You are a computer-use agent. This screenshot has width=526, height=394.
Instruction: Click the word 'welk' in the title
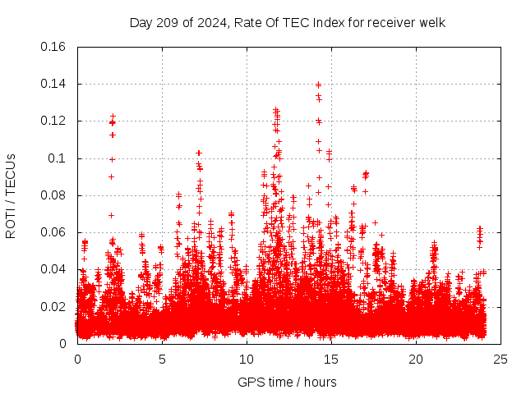click(x=432, y=22)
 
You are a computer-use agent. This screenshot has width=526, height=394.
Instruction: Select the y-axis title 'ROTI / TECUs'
click(x=11, y=195)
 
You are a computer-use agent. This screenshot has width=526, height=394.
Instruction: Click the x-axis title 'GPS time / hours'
click(x=288, y=382)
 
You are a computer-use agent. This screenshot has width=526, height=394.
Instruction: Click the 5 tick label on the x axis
click(x=162, y=359)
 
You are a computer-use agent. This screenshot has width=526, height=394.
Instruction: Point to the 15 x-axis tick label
click(x=331, y=359)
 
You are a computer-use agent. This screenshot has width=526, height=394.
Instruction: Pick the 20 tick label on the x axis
click(x=416, y=359)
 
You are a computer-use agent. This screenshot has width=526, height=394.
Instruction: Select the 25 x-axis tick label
click(x=501, y=359)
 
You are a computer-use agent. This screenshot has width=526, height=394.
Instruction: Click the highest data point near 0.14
click(x=318, y=84)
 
